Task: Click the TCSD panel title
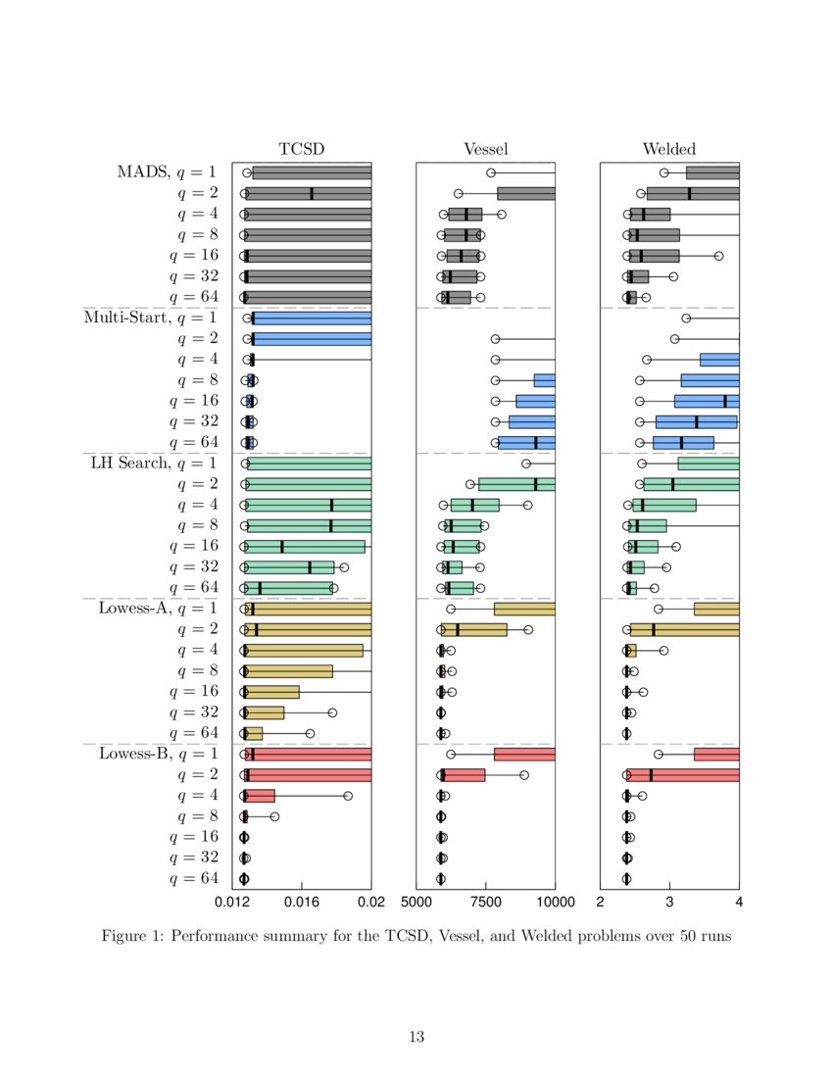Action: click(x=301, y=149)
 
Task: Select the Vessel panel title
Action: click(x=485, y=149)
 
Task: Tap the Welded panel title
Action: click(x=669, y=149)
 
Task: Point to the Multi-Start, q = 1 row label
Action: click(x=151, y=318)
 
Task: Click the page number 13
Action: click(x=416, y=1037)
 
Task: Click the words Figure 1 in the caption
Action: click(x=132, y=936)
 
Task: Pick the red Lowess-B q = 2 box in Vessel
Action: click(x=464, y=775)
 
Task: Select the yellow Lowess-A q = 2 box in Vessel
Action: click(x=474, y=629)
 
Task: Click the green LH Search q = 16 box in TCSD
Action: click(x=305, y=546)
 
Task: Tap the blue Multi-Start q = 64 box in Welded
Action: click(x=683, y=442)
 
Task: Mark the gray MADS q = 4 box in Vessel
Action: click(x=465, y=214)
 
